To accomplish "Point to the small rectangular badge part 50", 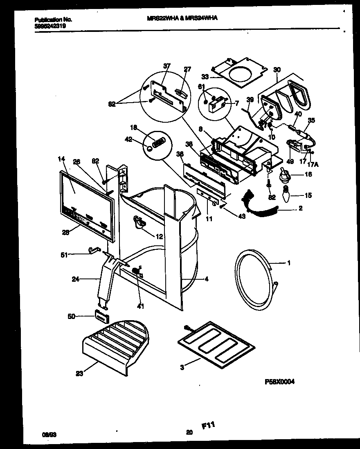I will click(101, 316).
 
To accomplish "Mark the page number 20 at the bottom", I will click(189, 432).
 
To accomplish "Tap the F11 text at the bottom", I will click(208, 426).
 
